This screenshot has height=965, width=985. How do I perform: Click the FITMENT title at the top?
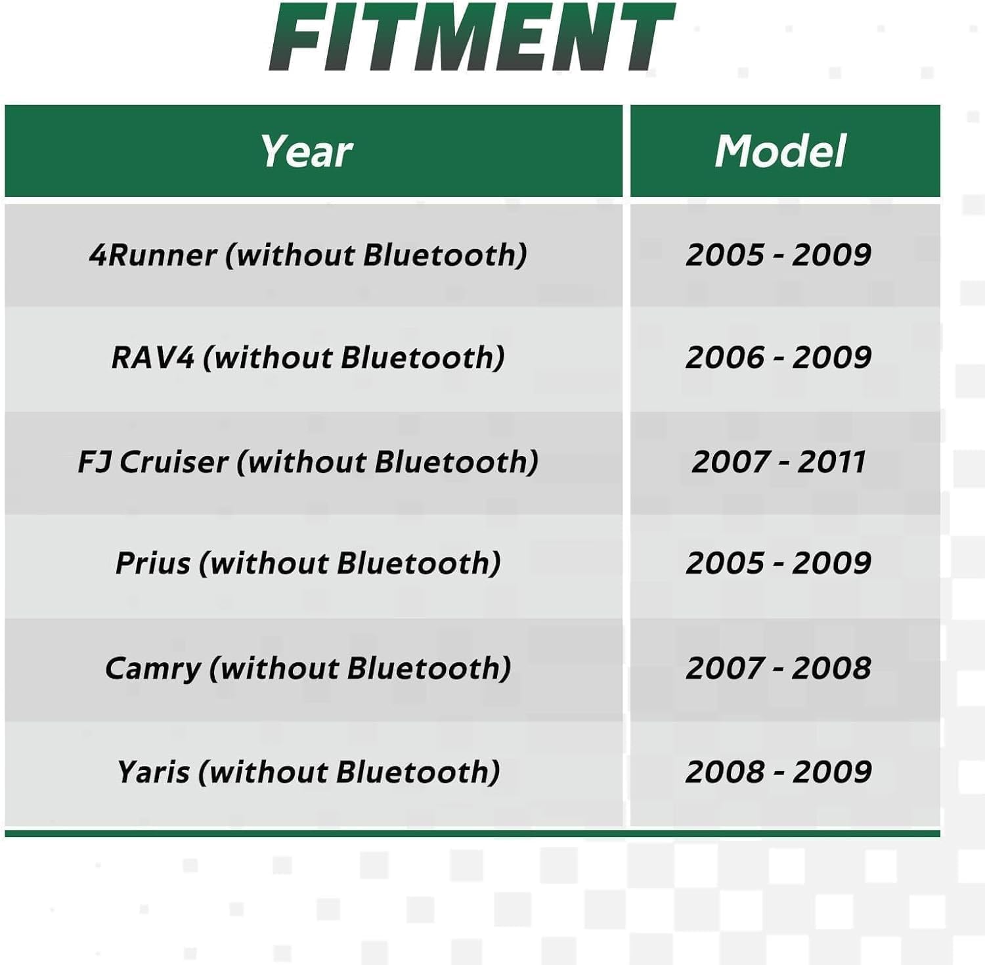pyautogui.click(x=471, y=37)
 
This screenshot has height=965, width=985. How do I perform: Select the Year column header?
pyautogui.click(x=307, y=152)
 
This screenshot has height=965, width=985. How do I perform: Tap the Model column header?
pyautogui.click(x=780, y=151)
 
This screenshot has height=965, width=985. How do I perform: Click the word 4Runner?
pyautogui.click(x=152, y=255)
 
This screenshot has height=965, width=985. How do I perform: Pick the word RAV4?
pyautogui.click(x=153, y=358)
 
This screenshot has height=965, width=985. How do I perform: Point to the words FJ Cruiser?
pyautogui.click(x=152, y=461)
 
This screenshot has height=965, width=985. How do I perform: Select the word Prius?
pyautogui.click(x=153, y=564)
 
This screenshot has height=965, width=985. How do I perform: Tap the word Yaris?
pyautogui.click(x=154, y=772)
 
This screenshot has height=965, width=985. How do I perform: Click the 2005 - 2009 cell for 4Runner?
pyautogui.click(x=779, y=255)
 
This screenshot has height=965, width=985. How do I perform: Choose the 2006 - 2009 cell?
pyautogui.click(x=779, y=358)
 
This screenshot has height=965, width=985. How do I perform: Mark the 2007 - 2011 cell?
pyautogui.click(x=779, y=461)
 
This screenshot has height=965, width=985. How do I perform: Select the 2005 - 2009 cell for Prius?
pyautogui.click(x=779, y=564)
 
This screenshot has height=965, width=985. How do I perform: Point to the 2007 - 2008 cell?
pyautogui.click(x=779, y=669)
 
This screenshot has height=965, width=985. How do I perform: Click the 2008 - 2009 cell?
pyautogui.click(x=779, y=772)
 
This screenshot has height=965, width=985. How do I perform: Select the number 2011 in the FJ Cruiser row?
pyautogui.click(x=832, y=461)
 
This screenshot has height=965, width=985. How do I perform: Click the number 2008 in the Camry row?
pyautogui.click(x=832, y=669)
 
